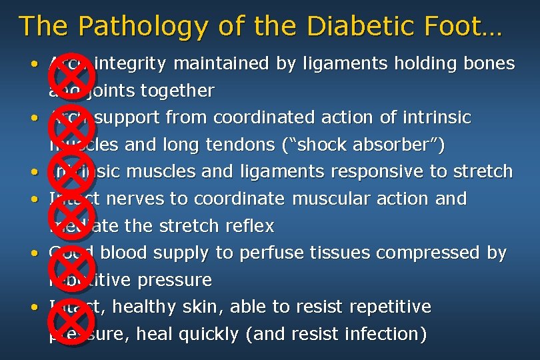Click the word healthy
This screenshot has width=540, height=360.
(144, 307)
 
